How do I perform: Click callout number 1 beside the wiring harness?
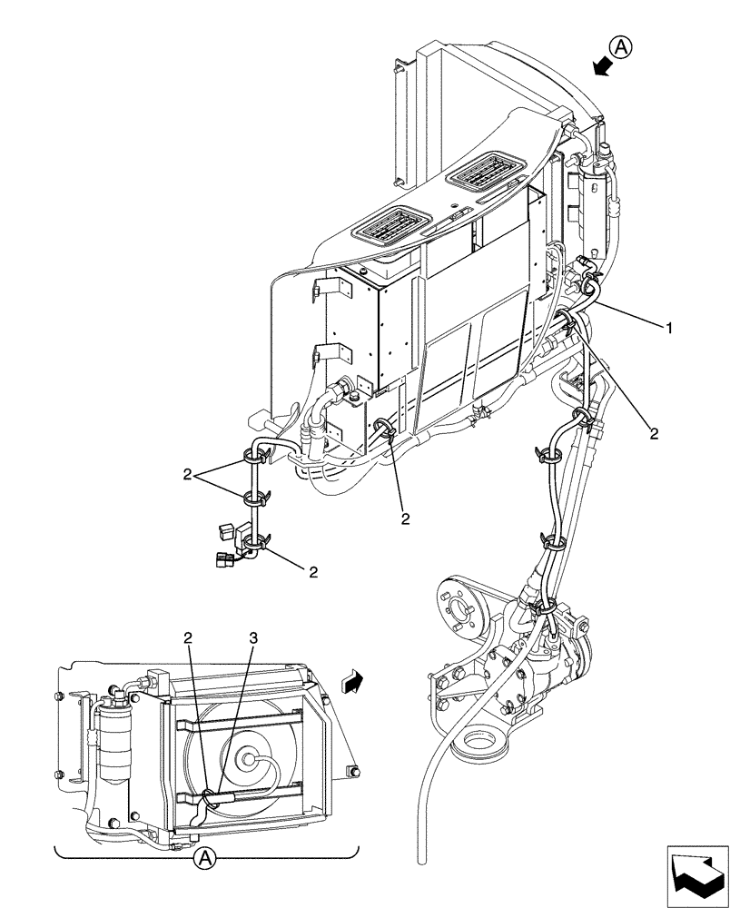click(x=669, y=328)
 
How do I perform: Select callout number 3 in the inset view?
click(x=253, y=639)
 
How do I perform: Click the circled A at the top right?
click(x=620, y=45)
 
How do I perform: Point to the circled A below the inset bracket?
click(x=206, y=856)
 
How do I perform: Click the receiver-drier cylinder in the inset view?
click(x=114, y=740)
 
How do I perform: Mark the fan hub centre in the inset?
click(x=247, y=755)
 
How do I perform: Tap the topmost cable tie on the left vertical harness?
click(x=257, y=451)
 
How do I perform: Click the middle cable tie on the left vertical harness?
click(x=255, y=497)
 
